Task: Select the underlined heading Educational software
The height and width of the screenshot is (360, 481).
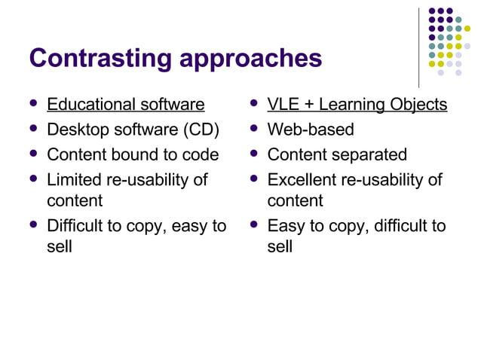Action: [125, 104]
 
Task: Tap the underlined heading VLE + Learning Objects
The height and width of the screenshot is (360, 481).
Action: [357, 104]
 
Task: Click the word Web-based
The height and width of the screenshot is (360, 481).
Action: [311, 130]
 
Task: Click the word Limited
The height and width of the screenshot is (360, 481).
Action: [75, 180]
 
